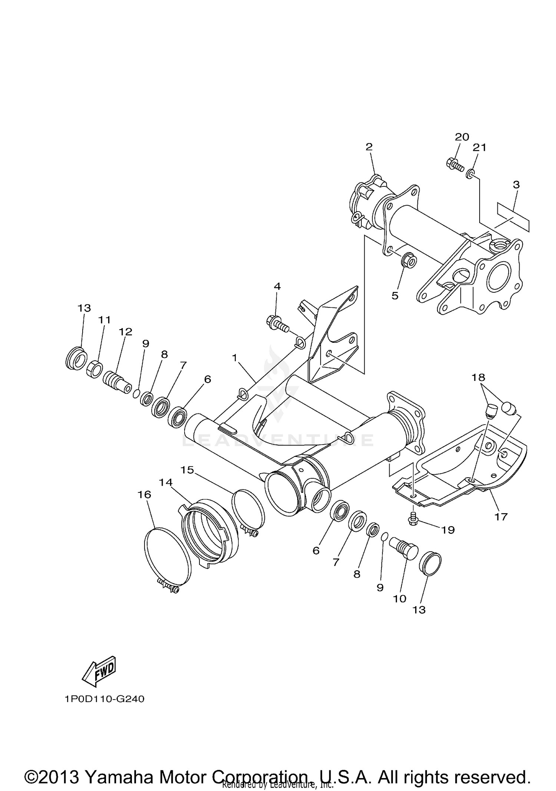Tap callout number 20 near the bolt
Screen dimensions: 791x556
462,137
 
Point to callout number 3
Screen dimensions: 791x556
516,185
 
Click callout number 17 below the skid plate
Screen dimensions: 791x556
501,516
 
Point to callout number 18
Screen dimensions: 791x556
478,378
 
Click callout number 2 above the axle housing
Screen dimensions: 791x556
368,147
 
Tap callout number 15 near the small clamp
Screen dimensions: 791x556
187,470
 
